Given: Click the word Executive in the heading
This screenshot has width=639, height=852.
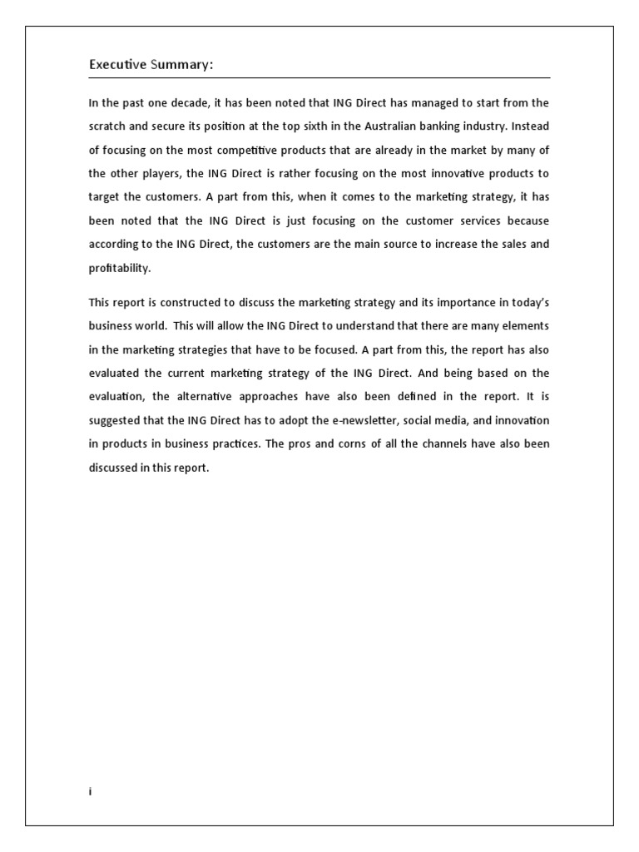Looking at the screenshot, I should pos(117,65).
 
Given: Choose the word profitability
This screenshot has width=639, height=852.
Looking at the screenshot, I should pos(121,269).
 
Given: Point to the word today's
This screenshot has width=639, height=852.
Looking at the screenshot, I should pos(525,302).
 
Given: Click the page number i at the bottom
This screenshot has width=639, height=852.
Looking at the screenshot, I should pos(90,792).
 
